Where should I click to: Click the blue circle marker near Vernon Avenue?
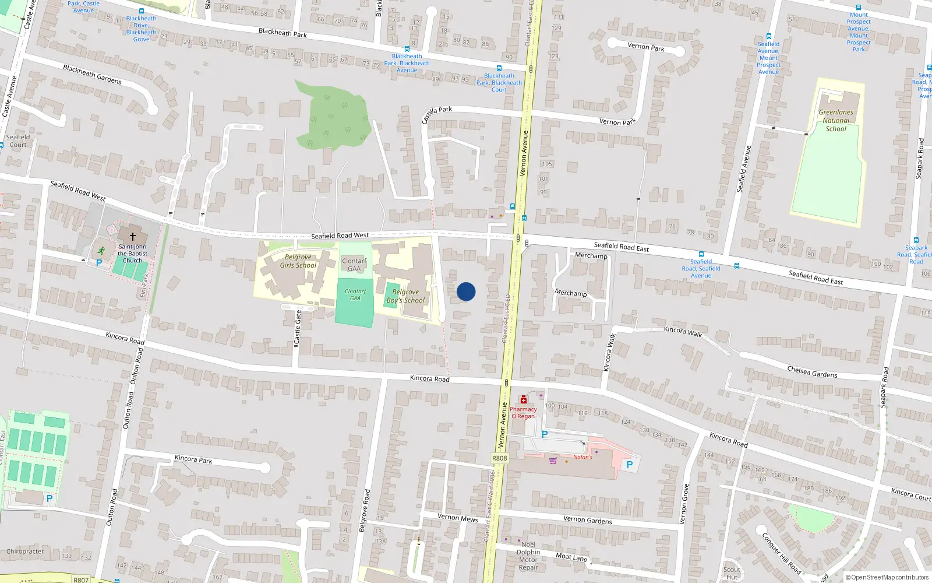(466, 291)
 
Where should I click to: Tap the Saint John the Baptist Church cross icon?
(133, 237)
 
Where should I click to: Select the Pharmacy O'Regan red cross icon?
(524, 400)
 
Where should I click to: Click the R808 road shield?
(499, 458)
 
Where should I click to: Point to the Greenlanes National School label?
(836, 121)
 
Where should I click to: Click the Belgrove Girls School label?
(298, 261)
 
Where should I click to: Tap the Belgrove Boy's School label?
(405, 296)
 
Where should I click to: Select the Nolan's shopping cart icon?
(553, 461)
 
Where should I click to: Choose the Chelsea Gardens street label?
(812, 372)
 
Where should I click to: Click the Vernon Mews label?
(458, 518)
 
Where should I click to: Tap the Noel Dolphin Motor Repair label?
(528, 556)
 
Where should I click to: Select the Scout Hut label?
(732, 573)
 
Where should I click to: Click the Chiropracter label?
(25, 551)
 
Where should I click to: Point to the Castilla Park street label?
(437, 114)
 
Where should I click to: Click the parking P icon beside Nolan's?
(629, 465)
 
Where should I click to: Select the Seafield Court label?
(17, 141)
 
